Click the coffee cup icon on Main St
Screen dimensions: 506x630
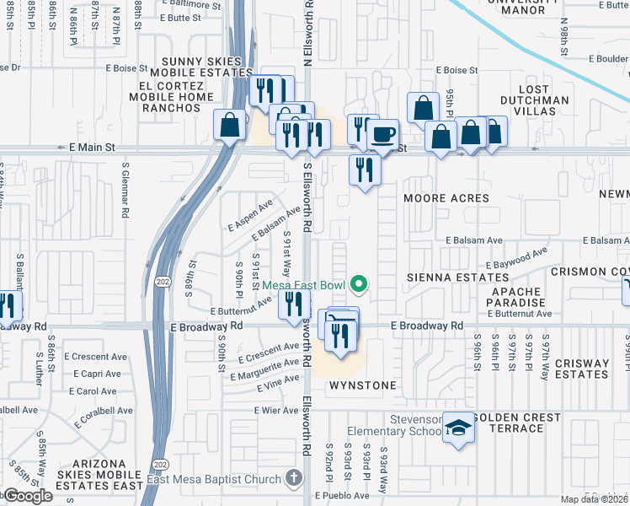pyautogui.click(x=385, y=134)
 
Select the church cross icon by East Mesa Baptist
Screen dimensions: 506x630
pyautogui.click(x=293, y=479)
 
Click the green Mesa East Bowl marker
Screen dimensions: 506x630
pyautogui.click(x=360, y=285)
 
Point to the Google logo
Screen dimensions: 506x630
pyautogui.click(x=27, y=496)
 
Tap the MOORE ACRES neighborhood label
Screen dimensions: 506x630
pyautogui.click(x=446, y=198)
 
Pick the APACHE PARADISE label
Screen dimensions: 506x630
pyautogui.click(x=516, y=296)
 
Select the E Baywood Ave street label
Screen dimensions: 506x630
pyautogui.click(x=516, y=257)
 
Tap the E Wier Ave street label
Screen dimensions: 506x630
pyautogui.click(x=276, y=410)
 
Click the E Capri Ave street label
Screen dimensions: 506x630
pyautogui.click(x=92, y=374)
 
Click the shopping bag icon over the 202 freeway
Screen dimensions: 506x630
pyautogui.click(x=229, y=126)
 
